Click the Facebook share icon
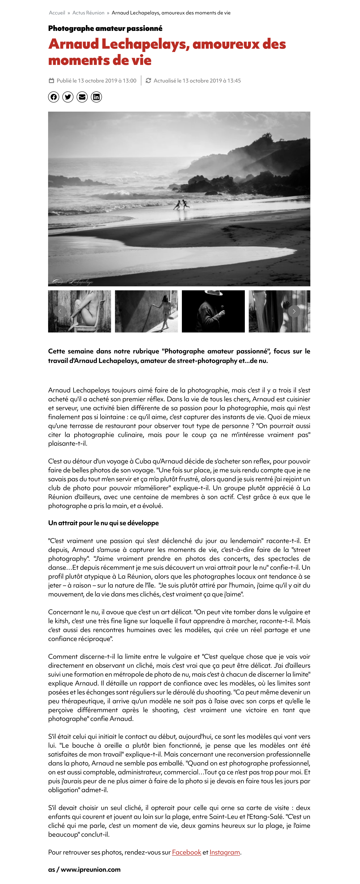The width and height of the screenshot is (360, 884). (x=54, y=97)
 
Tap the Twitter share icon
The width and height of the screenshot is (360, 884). (x=68, y=97)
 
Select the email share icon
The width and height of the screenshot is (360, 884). (x=82, y=97)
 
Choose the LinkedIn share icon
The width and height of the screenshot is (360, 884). (x=96, y=97)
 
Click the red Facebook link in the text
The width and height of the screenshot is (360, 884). (x=186, y=852)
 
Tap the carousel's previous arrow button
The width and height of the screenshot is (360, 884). (x=60, y=311)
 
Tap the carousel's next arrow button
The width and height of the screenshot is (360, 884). (x=294, y=311)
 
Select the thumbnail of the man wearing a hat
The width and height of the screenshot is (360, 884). (x=213, y=311)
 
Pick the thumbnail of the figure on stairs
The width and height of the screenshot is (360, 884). (x=146, y=311)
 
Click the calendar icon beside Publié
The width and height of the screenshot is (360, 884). (x=51, y=81)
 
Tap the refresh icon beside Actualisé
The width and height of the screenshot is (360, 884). (x=148, y=81)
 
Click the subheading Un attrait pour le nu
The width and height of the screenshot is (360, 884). (x=103, y=523)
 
